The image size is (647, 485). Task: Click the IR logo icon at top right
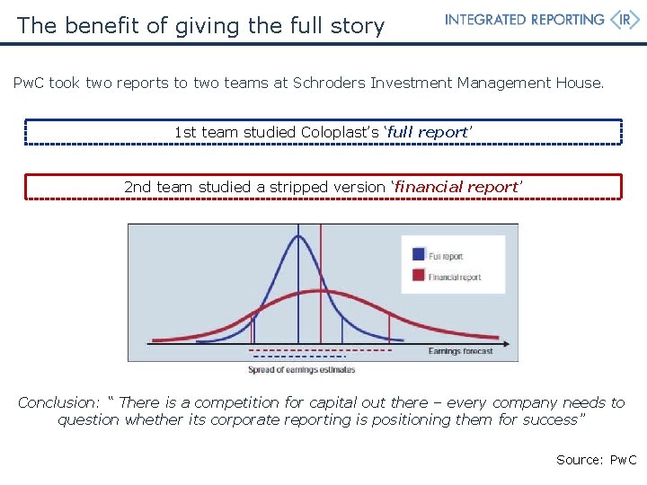pyautogui.click(x=624, y=20)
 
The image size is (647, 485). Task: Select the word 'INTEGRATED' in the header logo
pyautogui.click(x=484, y=20)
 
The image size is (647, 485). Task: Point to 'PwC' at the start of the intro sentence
pyautogui.click(x=29, y=83)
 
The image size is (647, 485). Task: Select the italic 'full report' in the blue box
pyautogui.click(x=429, y=132)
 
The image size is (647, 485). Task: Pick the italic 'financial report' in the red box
pyautogui.click(x=457, y=187)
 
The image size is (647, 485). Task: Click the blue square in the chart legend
pyautogui.click(x=419, y=255)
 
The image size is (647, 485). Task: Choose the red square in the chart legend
pyautogui.click(x=419, y=276)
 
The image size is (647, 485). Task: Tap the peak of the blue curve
pyautogui.click(x=298, y=236)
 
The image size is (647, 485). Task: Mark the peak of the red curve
pyautogui.click(x=321, y=291)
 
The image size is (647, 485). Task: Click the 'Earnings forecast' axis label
pyautogui.click(x=460, y=351)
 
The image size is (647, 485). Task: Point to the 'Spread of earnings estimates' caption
pyautogui.click(x=302, y=369)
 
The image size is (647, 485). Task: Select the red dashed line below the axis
pyautogui.click(x=320, y=349)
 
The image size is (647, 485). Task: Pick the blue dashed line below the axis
pyautogui.click(x=297, y=357)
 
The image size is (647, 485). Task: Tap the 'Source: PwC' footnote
pyautogui.click(x=596, y=460)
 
